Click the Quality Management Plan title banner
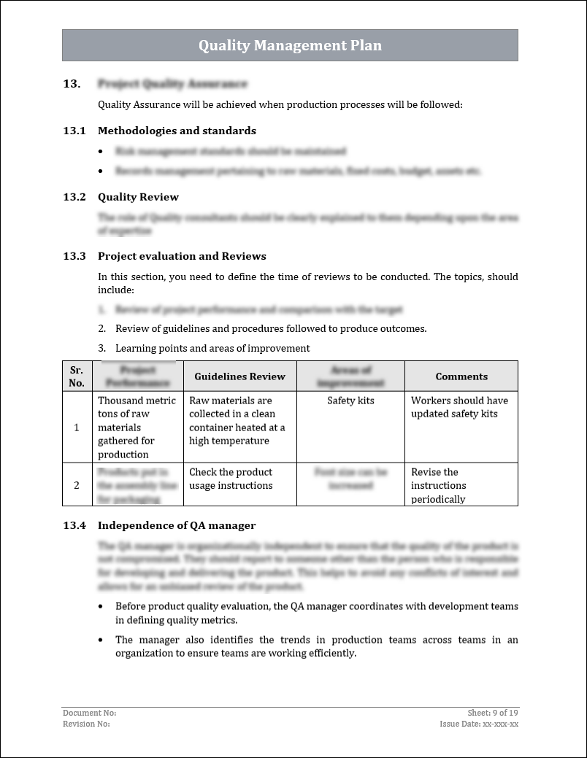point(290,45)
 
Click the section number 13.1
point(74,131)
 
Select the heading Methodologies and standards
point(177,131)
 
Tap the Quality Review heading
point(138,197)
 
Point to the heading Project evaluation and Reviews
point(182,256)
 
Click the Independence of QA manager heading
point(177,525)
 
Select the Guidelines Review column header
point(239,376)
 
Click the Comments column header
point(461,376)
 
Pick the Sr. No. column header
point(77,376)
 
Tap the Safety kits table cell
point(350,401)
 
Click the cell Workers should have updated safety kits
point(459,407)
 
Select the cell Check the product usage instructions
point(231,479)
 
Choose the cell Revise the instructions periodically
point(438,485)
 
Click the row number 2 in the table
point(77,485)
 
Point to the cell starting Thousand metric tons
point(137,427)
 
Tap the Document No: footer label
point(90,713)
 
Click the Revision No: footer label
point(86,724)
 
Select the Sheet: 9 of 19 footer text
point(493,713)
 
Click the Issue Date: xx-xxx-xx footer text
point(479,724)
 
